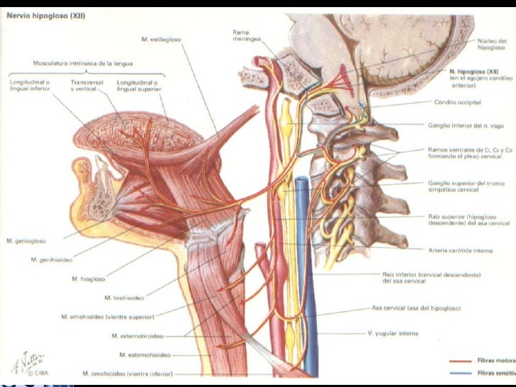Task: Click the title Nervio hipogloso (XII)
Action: pyautogui.click(x=45, y=18)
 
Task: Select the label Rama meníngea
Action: pyautogui.click(x=245, y=35)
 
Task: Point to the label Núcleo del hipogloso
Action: pyautogui.click(x=491, y=44)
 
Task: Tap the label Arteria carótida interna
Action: pyautogui.click(x=456, y=249)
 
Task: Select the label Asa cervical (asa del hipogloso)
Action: pyautogui.click(x=416, y=308)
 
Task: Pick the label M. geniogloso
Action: pyautogui.click(x=28, y=241)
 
